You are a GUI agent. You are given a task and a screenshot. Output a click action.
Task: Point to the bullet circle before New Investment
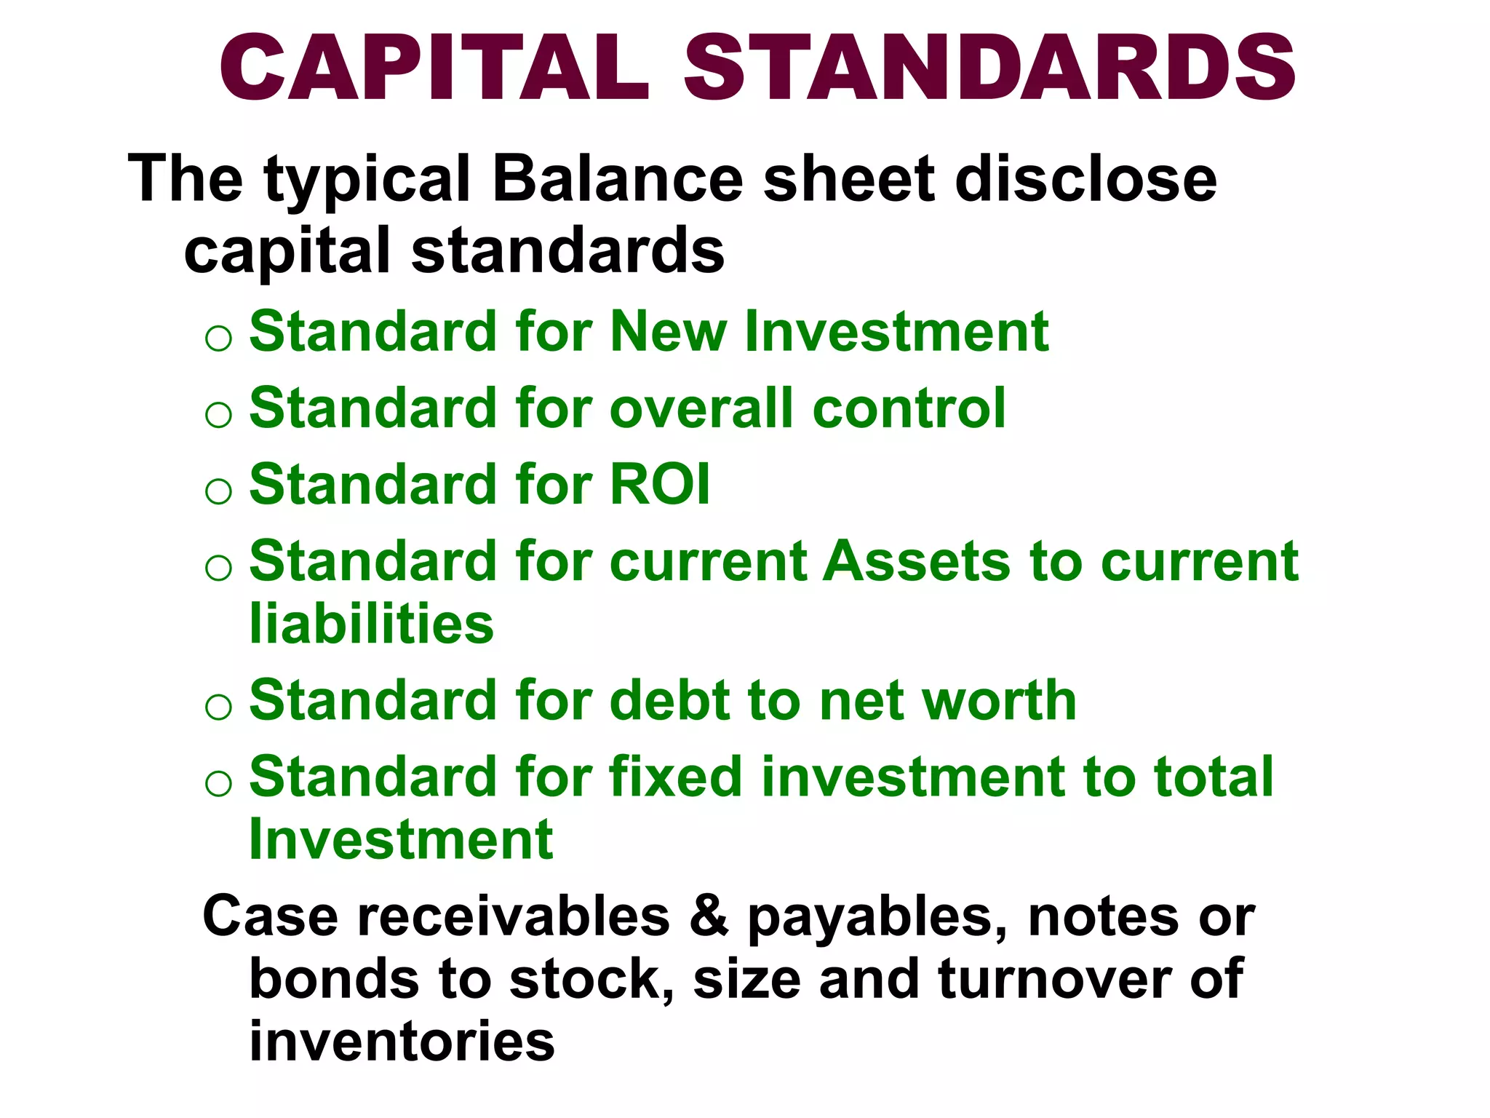point(218,338)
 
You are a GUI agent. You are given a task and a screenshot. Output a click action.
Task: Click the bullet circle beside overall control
point(218,415)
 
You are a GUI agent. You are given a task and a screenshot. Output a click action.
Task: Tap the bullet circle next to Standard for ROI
point(218,491)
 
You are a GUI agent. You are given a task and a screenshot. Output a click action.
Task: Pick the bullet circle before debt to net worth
point(218,707)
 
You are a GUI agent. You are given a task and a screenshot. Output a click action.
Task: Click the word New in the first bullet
point(669,332)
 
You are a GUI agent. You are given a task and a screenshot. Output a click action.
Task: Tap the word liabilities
point(371,624)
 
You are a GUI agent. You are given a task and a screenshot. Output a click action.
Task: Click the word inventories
point(402,1042)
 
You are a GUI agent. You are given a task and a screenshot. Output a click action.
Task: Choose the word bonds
point(335,979)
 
